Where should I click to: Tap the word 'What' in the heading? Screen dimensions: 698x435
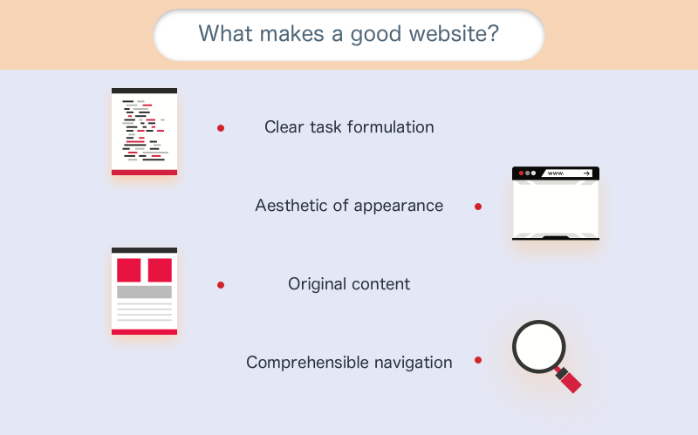coord(225,33)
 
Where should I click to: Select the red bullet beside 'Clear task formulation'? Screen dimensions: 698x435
coord(221,128)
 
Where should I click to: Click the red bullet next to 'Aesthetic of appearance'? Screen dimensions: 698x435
coord(478,207)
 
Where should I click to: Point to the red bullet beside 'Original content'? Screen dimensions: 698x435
coord(221,285)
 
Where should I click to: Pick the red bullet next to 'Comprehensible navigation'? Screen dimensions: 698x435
coord(478,360)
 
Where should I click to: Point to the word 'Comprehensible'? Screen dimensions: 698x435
coord(308,363)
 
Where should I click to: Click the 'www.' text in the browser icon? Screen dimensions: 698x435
coord(556,173)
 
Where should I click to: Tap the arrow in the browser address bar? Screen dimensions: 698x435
coord(586,173)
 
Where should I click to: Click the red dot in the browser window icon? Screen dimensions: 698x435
coord(521,173)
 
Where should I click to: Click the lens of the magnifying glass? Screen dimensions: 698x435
coord(539,347)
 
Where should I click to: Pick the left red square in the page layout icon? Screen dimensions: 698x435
coord(128,270)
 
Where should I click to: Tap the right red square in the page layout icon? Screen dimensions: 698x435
coord(160,270)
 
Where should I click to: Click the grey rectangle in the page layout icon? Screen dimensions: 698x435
coord(144,292)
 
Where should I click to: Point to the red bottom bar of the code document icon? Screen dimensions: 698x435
coord(144,173)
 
